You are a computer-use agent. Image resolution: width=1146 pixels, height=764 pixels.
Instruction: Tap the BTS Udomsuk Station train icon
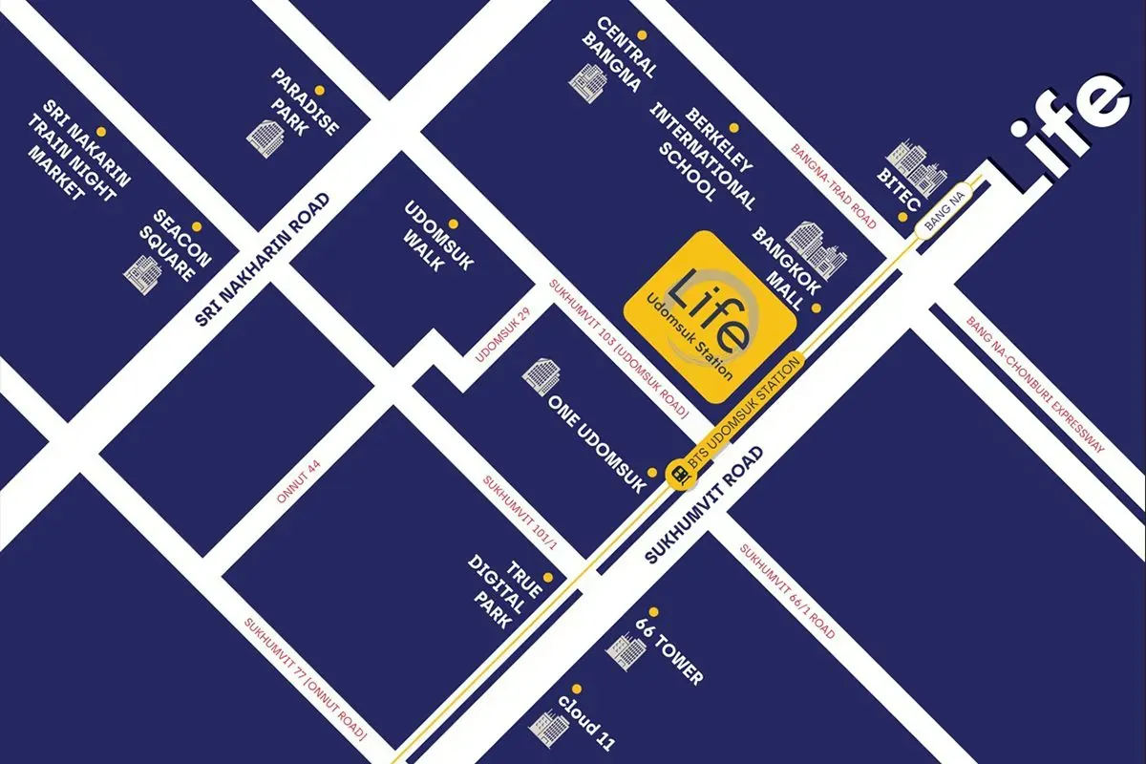[680, 472]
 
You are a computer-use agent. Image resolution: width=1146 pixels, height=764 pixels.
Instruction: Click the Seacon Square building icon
[142, 271]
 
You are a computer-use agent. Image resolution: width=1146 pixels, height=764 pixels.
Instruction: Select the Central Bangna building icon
[586, 80]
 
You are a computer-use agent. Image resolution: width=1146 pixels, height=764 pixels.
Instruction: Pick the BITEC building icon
[913, 168]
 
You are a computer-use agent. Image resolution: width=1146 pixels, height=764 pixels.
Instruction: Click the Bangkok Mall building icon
[817, 248]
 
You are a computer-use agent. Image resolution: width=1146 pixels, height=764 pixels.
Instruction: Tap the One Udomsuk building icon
[540, 373]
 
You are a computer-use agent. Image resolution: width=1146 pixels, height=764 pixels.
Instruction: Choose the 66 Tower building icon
[626, 650]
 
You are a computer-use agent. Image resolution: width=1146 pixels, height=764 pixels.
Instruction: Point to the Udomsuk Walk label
[438, 237]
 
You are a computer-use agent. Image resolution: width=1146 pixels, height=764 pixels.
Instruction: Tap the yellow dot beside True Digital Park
[548, 577]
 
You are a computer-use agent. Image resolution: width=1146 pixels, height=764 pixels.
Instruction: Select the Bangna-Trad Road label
[834, 186]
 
